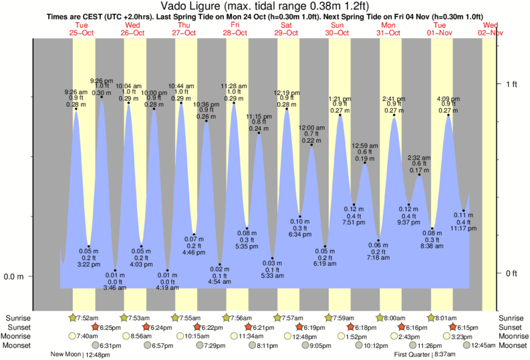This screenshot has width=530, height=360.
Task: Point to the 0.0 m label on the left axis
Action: [x=13, y=277]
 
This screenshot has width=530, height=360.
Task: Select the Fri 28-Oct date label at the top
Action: [x=235, y=28]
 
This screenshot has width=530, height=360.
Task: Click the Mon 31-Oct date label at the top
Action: [x=389, y=28]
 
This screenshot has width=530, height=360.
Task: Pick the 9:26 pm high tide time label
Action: [x=102, y=81]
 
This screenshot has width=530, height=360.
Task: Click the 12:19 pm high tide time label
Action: [x=287, y=93]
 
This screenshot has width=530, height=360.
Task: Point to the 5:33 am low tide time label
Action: [x=272, y=276]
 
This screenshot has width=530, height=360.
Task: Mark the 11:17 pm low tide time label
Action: [x=463, y=228]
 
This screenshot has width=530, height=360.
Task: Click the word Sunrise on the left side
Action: [x=17, y=318]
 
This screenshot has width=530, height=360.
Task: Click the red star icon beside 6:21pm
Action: [x=249, y=327]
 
